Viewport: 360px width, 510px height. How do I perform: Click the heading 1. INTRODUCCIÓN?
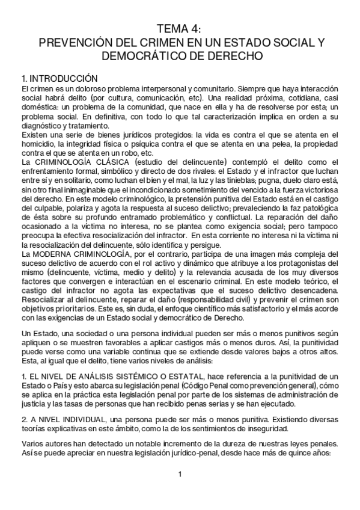pyautogui.click(x=59, y=78)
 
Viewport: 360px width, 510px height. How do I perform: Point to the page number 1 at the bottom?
pyautogui.click(x=180, y=476)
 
